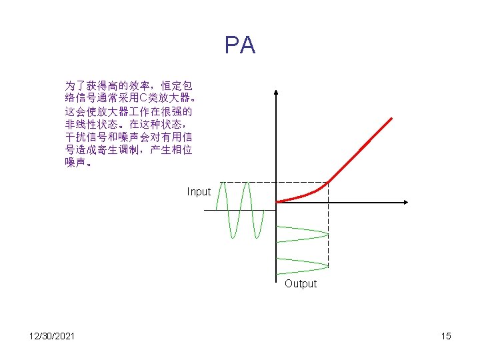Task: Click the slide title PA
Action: pyautogui.click(x=240, y=45)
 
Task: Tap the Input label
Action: pyautogui.click(x=199, y=192)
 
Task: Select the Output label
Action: pyautogui.click(x=301, y=284)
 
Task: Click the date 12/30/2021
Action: pyautogui.click(x=51, y=335)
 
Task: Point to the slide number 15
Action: pyautogui.click(x=445, y=335)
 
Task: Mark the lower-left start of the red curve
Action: pyautogui.click(x=278, y=201)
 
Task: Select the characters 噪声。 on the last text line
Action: pyautogui.click(x=79, y=162)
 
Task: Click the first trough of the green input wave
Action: pyautogui.click(x=232, y=236)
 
